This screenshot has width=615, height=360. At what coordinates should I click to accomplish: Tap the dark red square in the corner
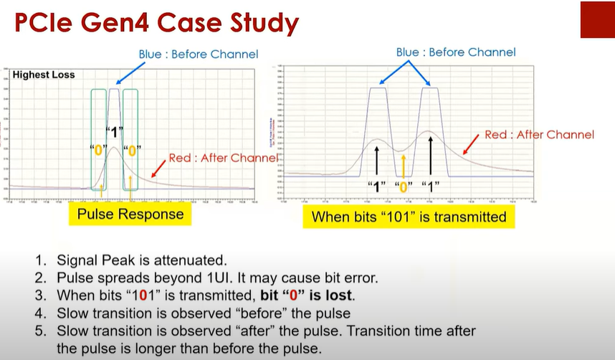pyautogui.click(x=596, y=19)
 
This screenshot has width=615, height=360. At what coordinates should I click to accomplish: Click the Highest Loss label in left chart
pyautogui.click(x=44, y=75)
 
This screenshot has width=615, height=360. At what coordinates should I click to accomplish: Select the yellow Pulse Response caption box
pyautogui.click(x=130, y=214)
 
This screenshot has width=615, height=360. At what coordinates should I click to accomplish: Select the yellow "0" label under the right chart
pyautogui.click(x=404, y=186)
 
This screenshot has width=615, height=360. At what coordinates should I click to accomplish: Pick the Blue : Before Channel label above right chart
pyautogui.click(x=456, y=52)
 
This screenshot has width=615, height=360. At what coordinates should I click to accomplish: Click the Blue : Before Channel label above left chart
pyautogui.click(x=199, y=54)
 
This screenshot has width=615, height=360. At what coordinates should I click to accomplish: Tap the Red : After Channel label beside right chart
pyautogui.click(x=539, y=134)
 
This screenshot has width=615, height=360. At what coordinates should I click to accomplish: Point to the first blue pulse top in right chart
pyautogui.click(x=378, y=88)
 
